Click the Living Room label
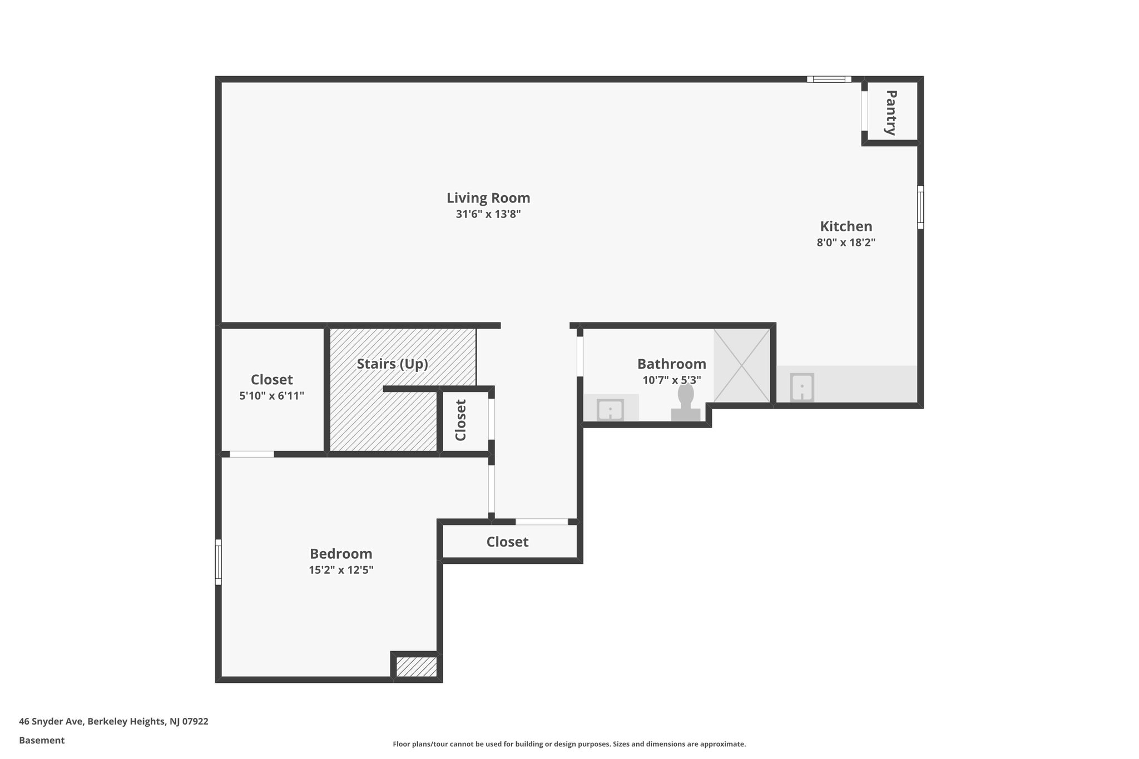pos(488,198)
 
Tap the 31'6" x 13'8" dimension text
pos(488,214)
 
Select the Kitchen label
pos(846,226)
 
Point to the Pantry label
pos(890,112)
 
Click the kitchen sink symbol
pos(802,387)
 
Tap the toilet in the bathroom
pos(686,403)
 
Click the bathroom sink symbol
pos(610,410)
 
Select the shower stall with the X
pos(741,365)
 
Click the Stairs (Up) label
pos(392,364)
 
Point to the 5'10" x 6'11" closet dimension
pos(271,396)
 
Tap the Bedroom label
pos(340,554)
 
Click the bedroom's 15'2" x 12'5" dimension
pos(340,570)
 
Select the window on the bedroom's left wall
pos(219,562)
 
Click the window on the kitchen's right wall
pos(920,207)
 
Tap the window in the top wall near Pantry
pos(829,80)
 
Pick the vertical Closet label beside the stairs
pos(460,420)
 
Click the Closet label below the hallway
pos(507,542)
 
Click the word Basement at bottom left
pos(42,740)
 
